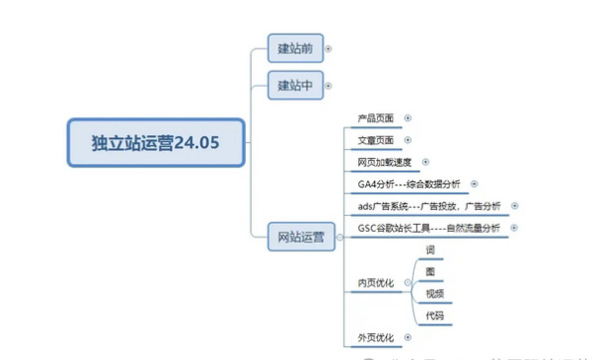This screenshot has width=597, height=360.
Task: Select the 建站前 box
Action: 295,47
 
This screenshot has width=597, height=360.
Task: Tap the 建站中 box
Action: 295,87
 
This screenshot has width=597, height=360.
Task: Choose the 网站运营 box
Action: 301,238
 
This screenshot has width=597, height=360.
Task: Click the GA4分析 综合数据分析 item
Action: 409,184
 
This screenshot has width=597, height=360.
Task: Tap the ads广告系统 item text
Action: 427,206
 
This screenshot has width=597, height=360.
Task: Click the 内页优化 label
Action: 376,283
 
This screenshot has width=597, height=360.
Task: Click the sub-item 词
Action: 430,250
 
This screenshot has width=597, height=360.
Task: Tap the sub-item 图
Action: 430,271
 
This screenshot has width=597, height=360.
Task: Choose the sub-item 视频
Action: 435,293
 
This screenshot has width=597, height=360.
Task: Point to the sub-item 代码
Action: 435,316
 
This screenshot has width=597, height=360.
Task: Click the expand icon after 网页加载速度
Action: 426,162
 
